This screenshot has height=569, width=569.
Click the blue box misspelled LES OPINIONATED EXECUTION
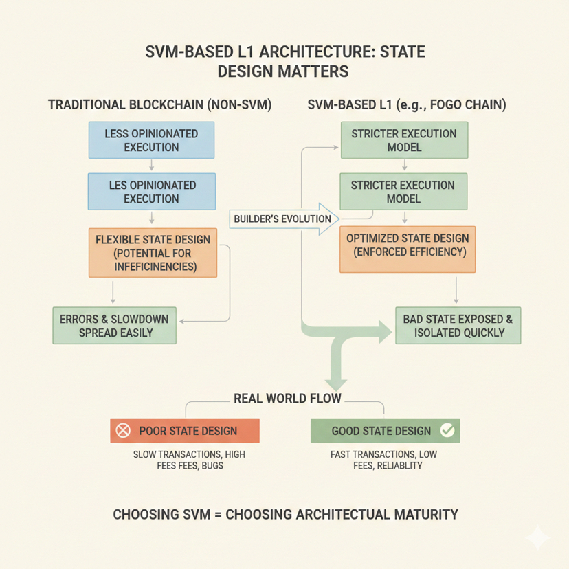pos(151,192)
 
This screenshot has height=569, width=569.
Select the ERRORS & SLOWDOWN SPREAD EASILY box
pos(114,326)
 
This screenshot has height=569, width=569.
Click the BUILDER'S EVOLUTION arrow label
pos(282,219)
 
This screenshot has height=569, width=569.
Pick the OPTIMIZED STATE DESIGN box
pos(408,245)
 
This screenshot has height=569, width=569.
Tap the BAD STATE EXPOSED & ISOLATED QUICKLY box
pos(458,326)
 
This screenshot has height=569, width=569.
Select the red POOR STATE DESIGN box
pos(184,431)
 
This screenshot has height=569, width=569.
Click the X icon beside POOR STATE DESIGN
pos(123,431)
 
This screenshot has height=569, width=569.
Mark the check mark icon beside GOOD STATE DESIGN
pos(447,431)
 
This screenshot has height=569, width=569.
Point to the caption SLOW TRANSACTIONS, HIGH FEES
pos(188,460)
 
